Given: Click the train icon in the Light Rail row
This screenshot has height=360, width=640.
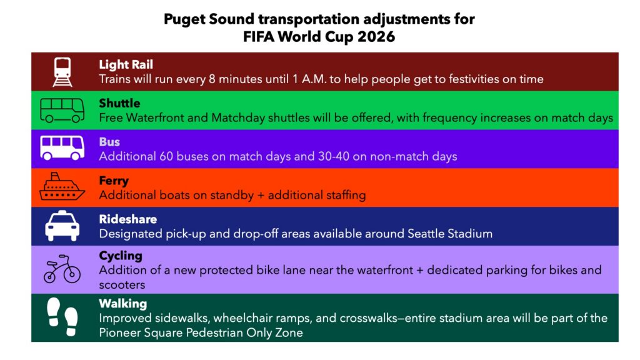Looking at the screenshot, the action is point(62,72).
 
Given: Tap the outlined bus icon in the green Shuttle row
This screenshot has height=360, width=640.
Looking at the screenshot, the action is point(62,110).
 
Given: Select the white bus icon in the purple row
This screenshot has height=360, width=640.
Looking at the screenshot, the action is point(62,147).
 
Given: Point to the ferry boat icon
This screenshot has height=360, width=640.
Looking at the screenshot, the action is point(62,186).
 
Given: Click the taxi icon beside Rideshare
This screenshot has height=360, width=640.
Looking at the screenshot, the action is point(62,226).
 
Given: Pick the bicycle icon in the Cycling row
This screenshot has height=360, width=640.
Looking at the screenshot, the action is point(62,269).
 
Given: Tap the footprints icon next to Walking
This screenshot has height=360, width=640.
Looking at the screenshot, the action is point(62,317).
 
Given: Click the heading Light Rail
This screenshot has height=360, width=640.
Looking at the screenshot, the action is point(126,64).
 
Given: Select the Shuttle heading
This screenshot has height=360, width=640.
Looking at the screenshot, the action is point(119,103).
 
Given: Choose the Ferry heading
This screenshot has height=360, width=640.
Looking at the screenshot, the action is point(114,181).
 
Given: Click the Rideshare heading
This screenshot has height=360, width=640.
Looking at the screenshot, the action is point(127,219).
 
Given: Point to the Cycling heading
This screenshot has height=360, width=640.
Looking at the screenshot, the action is point(121,256).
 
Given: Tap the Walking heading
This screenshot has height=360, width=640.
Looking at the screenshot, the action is point(123,304).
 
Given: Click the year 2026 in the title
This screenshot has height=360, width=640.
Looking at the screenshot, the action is point(376,37).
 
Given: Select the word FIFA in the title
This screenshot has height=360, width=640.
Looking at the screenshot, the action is point(258,37).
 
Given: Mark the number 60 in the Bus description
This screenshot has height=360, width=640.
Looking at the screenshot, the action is point(166,156).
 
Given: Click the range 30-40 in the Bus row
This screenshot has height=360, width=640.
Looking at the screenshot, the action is point(334,156).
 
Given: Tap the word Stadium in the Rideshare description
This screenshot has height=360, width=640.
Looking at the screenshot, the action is point(470,234).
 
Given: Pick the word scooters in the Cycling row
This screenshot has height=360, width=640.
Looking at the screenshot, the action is point(122,285).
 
